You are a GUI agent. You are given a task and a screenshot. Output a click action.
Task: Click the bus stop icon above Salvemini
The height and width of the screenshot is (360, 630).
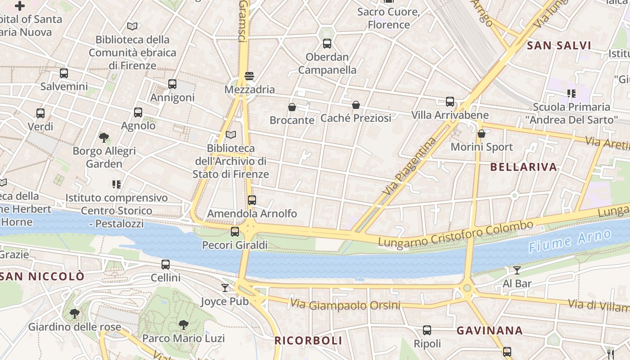pos(64,73)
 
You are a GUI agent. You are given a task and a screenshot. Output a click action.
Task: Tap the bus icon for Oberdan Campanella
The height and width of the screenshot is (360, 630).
pos(327,44)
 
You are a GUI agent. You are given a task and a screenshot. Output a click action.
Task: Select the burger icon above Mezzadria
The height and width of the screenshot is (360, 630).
pos(249,76)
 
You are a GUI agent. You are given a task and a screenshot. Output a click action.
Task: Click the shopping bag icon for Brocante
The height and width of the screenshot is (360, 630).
pos(292,107)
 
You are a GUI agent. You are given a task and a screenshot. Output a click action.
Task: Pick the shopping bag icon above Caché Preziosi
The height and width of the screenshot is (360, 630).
pos(356,105)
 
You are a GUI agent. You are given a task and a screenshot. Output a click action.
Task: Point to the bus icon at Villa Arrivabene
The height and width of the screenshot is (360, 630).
pos(450,102)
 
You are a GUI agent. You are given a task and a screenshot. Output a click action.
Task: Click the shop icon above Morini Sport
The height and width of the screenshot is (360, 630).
pos(481,134)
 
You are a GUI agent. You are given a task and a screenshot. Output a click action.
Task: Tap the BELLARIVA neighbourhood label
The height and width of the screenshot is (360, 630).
pos(523,167)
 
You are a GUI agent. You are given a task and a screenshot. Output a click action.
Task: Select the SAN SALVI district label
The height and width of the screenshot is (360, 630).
pos(559,45)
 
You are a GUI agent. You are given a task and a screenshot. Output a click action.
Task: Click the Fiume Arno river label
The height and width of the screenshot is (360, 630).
pos(570,241)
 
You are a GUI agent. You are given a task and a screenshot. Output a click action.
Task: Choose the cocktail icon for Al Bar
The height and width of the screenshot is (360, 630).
pos(517,270)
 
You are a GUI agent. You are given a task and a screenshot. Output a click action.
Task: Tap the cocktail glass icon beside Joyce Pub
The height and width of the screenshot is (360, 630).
pos(225,288)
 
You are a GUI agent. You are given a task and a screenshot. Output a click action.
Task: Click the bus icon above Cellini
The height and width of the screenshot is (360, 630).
pos(166,265)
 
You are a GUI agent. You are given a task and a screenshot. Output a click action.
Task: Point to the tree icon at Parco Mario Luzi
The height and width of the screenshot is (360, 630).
pos(183,324)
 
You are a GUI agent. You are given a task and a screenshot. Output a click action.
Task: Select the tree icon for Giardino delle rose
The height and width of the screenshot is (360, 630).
pos(75,313)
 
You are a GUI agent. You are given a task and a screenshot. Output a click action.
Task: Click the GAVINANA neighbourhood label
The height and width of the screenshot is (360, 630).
pos(490,331)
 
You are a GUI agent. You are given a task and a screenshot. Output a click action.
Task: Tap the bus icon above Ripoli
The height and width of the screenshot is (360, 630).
pos(427,331)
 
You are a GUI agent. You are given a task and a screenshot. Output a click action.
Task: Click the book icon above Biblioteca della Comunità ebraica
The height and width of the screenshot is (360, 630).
pos(132,27)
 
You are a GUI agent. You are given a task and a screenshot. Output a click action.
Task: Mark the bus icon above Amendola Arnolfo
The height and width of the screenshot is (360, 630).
pos(252,200)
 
